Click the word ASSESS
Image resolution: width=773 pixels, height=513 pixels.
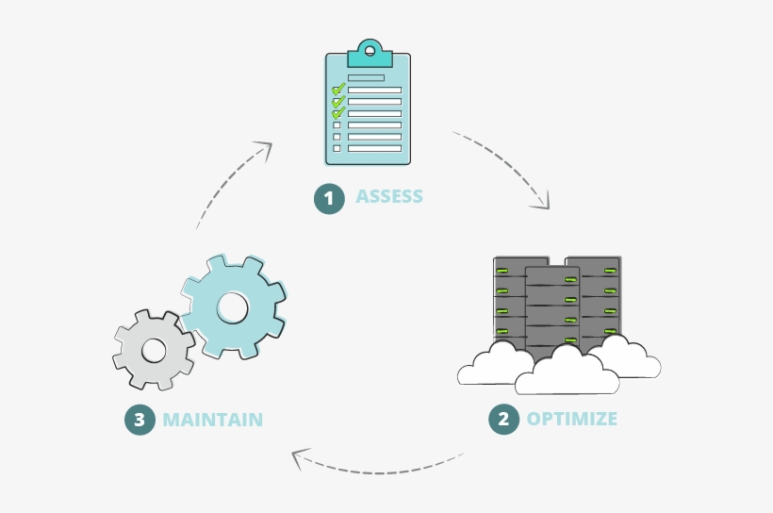pyautogui.click(x=389, y=197)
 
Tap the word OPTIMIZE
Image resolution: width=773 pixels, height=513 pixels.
pyautogui.click(x=572, y=419)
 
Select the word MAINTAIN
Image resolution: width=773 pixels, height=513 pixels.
pyautogui.click(x=212, y=420)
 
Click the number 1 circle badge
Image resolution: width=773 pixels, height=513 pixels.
pyautogui.click(x=329, y=198)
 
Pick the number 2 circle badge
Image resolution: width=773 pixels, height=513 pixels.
pyautogui.click(x=503, y=419)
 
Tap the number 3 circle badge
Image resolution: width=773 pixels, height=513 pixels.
pyautogui.click(x=140, y=420)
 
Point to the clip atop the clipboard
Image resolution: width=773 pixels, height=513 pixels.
pyautogui.click(x=369, y=51)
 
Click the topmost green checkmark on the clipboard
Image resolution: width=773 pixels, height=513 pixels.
pyautogui.click(x=338, y=90)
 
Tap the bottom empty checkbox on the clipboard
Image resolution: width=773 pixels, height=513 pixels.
pyautogui.click(x=337, y=148)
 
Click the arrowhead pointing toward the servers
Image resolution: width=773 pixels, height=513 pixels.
pyautogui.click(x=541, y=201)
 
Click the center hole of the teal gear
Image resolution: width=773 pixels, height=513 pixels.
pyautogui.click(x=233, y=306)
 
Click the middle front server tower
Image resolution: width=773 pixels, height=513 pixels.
pyautogui.click(x=551, y=311)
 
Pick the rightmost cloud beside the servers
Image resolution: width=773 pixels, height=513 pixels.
pyautogui.click(x=628, y=358)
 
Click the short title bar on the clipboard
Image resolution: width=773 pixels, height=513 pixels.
pyautogui.click(x=366, y=77)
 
